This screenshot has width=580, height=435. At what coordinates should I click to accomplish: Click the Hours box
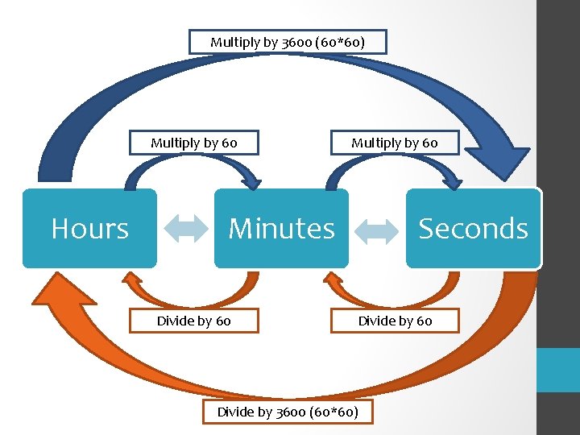[x=89, y=228]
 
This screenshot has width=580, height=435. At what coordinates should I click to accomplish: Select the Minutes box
[x=281, y=228]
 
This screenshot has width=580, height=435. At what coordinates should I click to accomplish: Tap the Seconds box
[x=473, y=228]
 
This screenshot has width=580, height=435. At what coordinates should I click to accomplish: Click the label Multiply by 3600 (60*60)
[x=288, y=42]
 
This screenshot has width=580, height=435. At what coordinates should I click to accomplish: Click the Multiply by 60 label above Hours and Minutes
[x=194, y=143]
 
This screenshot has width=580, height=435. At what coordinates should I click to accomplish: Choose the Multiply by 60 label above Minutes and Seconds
[x=394, y=143]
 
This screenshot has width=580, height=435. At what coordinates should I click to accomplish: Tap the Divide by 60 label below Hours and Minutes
[x=194, y=321]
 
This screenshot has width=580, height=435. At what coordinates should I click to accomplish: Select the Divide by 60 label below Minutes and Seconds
[x=395, y=321]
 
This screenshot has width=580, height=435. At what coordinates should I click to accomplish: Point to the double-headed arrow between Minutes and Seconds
[x=377, y=230]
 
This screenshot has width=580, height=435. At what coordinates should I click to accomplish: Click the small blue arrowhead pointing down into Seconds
[x=448, y=179]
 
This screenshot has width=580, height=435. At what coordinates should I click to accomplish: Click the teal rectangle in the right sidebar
[x=558, y=370]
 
